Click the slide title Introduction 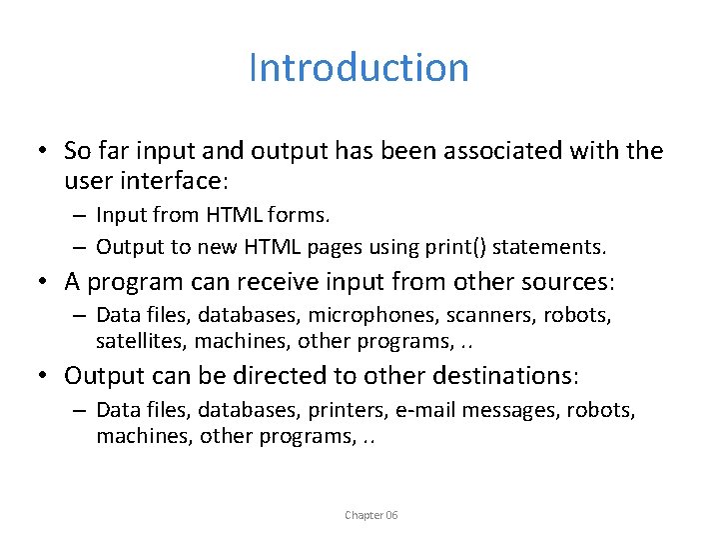point(359,68)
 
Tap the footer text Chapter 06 point(370,515)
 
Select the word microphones point(397,316)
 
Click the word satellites point(141,341)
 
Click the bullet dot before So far point(34,152)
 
